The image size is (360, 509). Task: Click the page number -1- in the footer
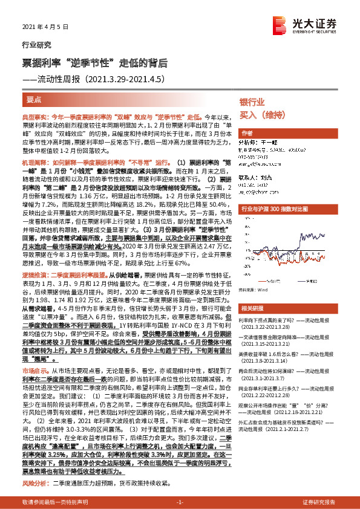[x=180, y=503]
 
